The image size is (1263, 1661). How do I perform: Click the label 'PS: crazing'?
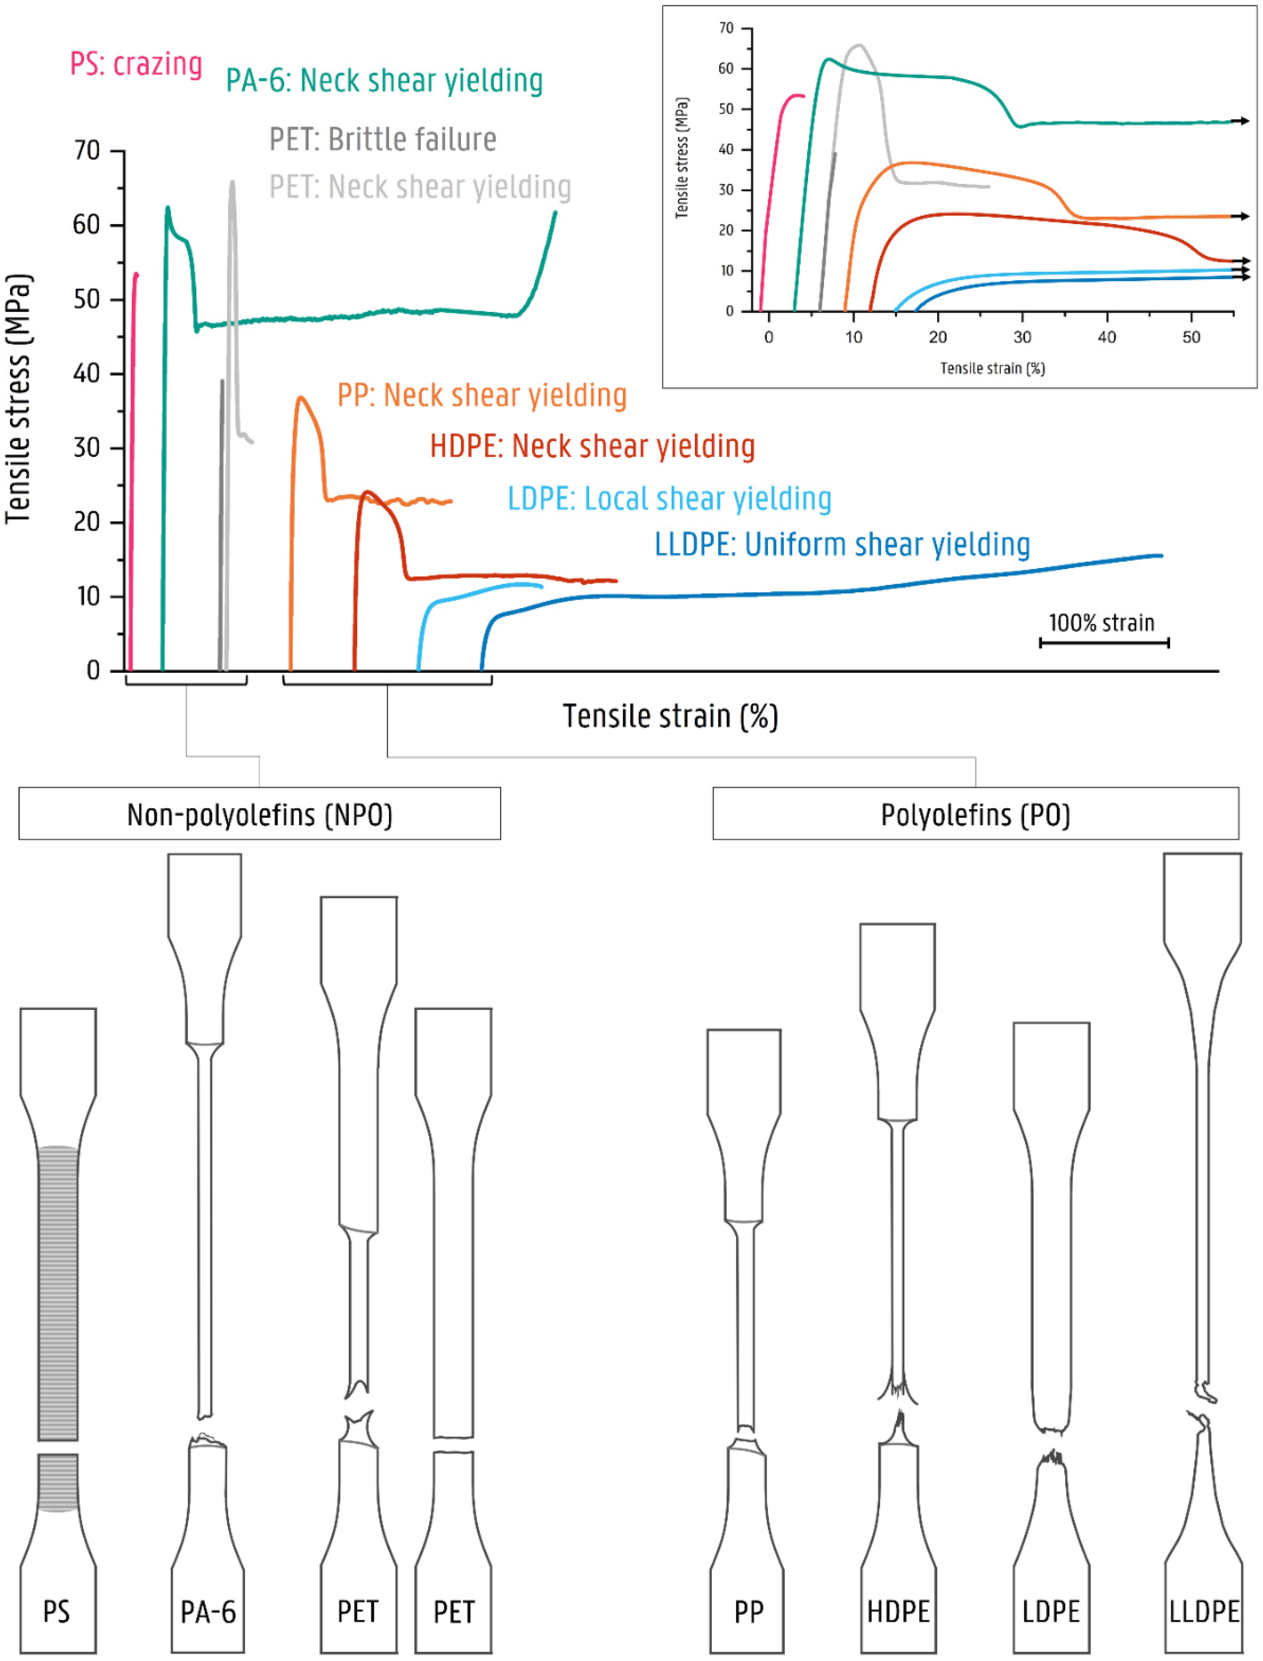[x=136, y=65]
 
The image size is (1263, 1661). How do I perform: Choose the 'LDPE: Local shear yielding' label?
[x=669, y=498]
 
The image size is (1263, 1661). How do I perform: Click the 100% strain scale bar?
[x=1104, y=642]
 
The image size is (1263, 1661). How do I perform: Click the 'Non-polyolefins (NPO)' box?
[x=259, y=814]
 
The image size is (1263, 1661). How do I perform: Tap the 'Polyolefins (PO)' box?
[x=975, y=814]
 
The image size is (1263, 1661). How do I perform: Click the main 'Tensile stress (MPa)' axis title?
[x=19, y=398]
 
